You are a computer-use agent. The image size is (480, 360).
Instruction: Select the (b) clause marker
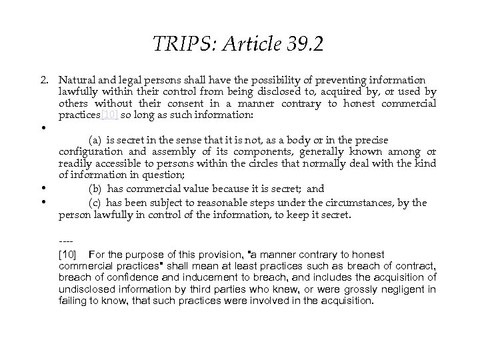pyautogui.click(x=95, y=188)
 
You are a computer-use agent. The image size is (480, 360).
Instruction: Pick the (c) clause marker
pyautogui.click(x=95, y=202)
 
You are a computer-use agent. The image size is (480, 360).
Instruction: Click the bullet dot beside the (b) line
pyautogui.click(x=43, y=188)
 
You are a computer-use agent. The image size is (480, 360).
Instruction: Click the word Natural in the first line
pyautogui.click(x=77, y=80)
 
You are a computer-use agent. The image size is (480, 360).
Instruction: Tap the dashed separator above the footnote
pyautogui.click(x=65, y=242)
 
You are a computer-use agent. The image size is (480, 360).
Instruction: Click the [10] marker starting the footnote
pyautogui.click(x=69, y=255)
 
